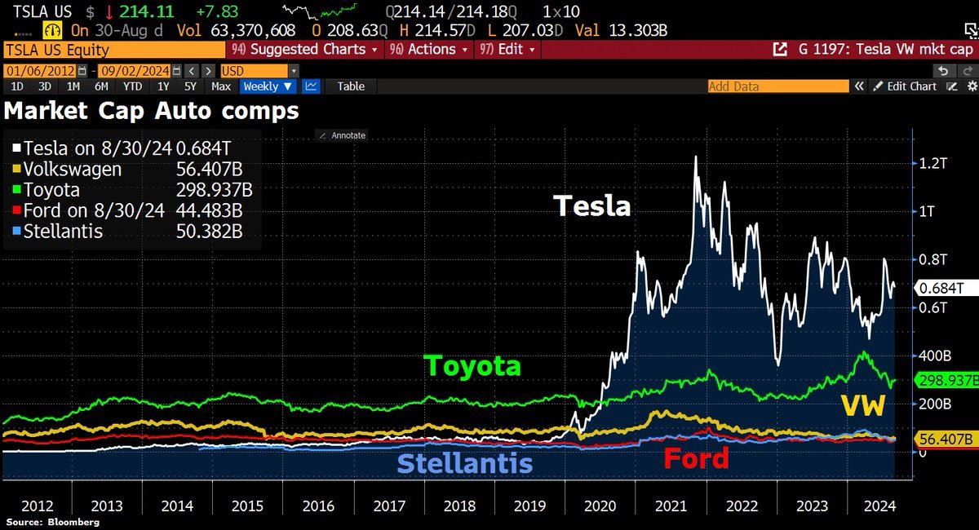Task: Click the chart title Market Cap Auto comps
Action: [x=152, y=110]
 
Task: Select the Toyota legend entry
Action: [x=52, y=190]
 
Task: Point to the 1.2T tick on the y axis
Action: [x=931, y=163]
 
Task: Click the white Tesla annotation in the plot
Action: [x=592, y=205]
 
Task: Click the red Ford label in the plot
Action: [x=695, y=458]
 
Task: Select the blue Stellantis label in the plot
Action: [x=464, y=463]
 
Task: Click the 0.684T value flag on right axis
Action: [x=943, y=288]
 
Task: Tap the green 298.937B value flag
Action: [x=946, y=381]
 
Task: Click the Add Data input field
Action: [x=775, y=86]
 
